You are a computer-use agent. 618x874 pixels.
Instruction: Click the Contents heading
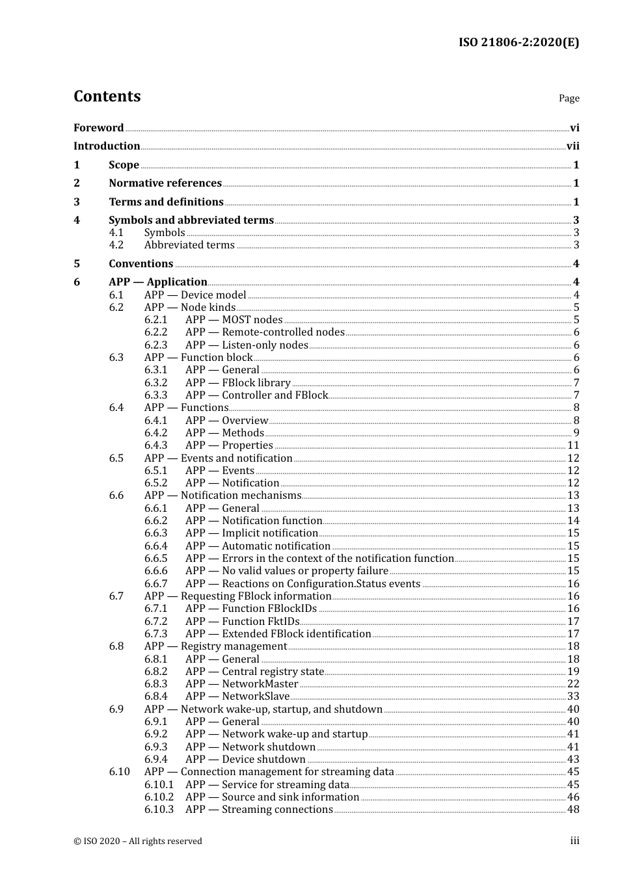(107, 96)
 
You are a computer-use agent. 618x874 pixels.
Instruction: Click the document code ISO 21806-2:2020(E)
(518, 42)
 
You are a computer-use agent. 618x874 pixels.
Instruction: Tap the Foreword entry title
(98, 128)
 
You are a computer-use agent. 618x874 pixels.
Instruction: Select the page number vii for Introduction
(572, 146)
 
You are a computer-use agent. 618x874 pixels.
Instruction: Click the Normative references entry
(165, 183)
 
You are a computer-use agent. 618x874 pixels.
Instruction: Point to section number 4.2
(116, 245)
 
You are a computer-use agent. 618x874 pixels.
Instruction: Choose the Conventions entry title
(141, 264)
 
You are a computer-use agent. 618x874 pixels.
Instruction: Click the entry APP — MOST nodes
(234, 320)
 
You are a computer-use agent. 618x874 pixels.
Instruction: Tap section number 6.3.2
(155, 383)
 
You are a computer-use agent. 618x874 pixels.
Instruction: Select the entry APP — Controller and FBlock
(256, 395)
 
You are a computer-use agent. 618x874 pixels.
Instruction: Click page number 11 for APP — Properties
(573, 445)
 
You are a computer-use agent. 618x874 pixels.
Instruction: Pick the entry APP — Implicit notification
(251, 533)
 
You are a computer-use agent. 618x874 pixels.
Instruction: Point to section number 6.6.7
(155, 584)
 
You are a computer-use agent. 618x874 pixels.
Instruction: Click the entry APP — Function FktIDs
(242, 622)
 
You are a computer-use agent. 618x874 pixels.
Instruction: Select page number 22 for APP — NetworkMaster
(573, 684)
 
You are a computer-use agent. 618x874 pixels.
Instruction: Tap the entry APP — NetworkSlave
(237, 696)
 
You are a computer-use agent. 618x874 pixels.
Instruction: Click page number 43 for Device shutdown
(573, 760)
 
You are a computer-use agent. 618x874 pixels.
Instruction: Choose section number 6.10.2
(159, 797)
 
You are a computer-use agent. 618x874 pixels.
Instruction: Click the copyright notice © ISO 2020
(137, 841)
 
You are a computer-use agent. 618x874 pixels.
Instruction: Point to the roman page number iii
(574, 841)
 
